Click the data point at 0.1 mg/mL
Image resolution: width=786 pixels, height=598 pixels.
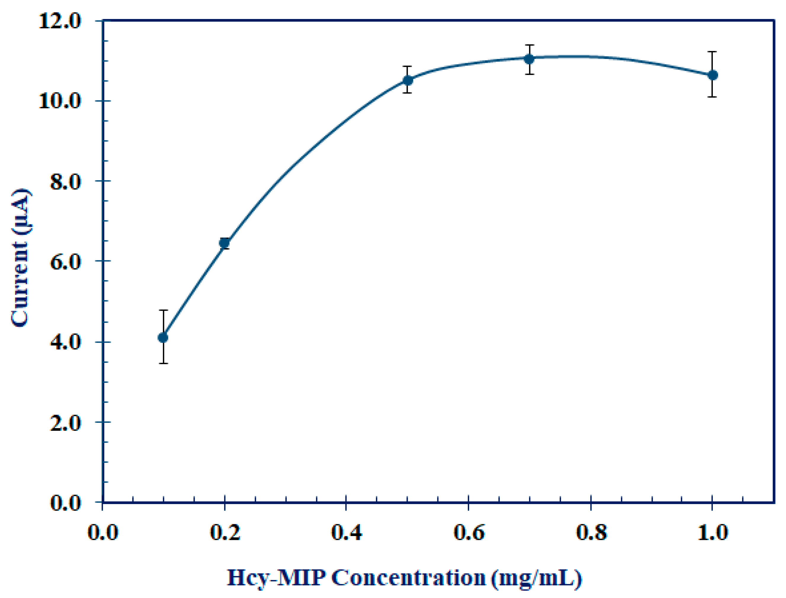coord(163,337)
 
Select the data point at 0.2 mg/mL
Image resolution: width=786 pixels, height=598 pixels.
coord(224,243)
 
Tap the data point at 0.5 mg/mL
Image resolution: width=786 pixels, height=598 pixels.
coord(408,80)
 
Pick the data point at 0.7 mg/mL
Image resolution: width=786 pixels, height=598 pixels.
coord(529,59)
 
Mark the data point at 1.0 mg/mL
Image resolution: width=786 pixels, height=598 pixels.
coord(713,75)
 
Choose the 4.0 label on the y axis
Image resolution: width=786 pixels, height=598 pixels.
coord(65,342)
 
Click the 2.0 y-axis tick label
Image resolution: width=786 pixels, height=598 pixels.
coord(65,422)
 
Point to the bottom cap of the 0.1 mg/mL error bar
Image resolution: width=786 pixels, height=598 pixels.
coord(163,363)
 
